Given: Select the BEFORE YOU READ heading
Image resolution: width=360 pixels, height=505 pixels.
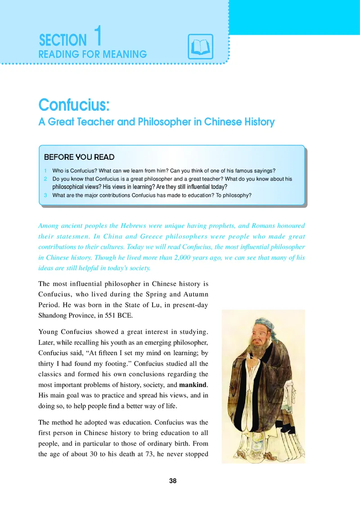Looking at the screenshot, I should click(x=79, y=157).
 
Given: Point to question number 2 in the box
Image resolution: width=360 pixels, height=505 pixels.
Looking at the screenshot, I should click(x=46, y=179).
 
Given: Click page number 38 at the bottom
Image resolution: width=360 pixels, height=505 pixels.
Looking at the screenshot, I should click(x=173, y=481).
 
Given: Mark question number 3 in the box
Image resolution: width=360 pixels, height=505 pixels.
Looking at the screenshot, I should click(x=46, y=195).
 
